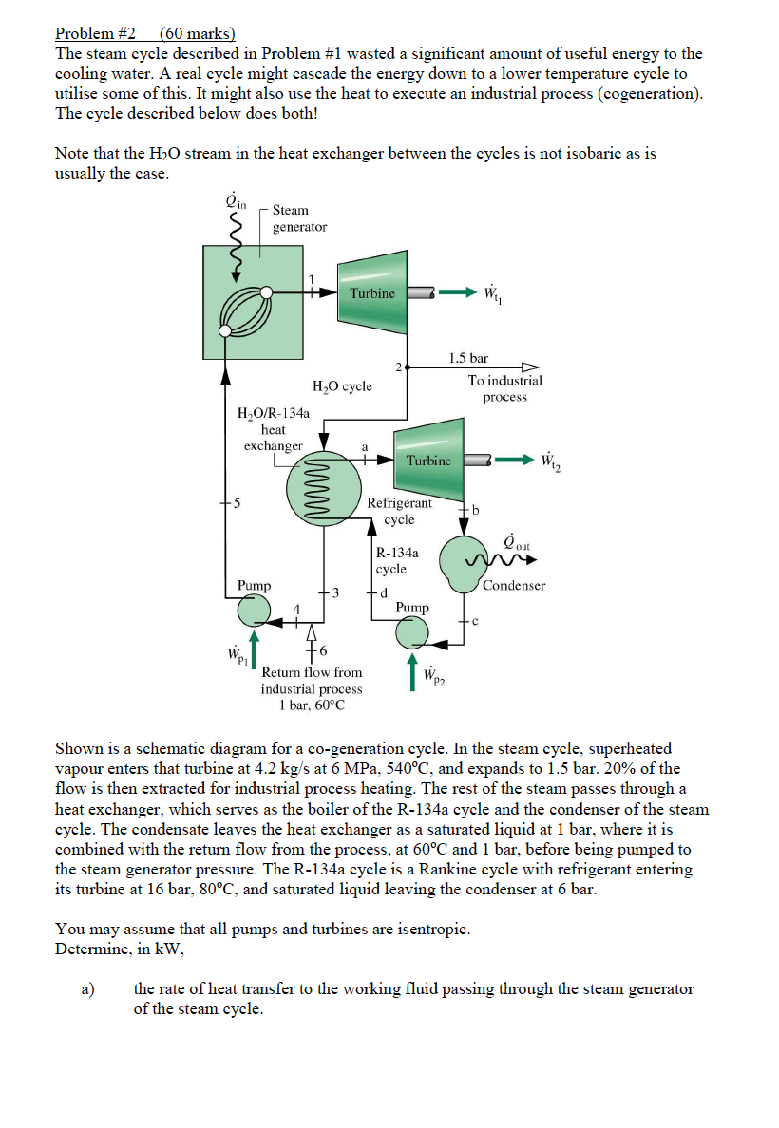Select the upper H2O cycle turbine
click(372, 293)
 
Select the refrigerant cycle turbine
click(428, 461)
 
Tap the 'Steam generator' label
click(299, 218)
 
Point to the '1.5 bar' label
click(468, 358)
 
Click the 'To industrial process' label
click(504, 388)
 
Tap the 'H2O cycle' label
click(342, 386)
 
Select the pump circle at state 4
click(253, 611)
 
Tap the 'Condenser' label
click(514, 586)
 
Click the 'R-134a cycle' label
click(391, 560)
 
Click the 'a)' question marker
click(87, 988)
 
